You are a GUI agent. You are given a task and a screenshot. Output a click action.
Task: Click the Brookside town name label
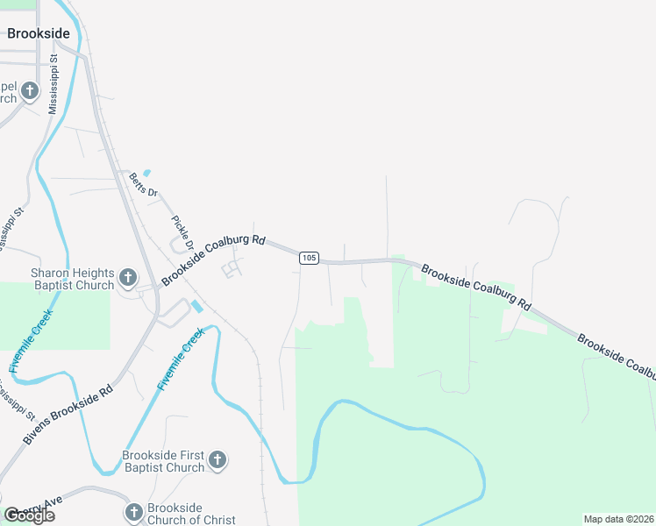38,33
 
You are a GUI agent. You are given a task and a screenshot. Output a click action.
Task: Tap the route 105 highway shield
308,258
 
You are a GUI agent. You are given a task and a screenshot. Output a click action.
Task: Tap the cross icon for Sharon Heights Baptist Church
127,279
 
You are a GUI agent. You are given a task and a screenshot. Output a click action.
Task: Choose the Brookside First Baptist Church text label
163,461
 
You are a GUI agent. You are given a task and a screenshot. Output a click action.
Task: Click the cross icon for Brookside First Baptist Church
217,459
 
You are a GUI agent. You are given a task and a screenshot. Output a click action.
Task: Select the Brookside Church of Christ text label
190,514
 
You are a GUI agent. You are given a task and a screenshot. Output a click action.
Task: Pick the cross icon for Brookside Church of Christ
133,512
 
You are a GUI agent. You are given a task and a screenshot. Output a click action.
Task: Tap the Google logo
29,515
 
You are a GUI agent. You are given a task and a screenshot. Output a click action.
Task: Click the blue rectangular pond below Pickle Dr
196,307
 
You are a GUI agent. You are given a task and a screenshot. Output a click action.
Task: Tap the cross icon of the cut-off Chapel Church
29,90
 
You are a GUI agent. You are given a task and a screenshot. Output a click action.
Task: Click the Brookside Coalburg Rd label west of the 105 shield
213,259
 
